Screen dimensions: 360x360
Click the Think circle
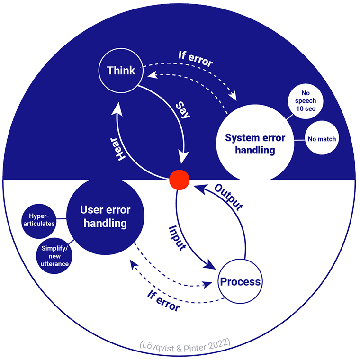121,71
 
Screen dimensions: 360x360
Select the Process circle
240,282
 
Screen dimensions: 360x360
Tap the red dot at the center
180,180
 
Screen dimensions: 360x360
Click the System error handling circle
255,144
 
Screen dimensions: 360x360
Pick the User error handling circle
105,216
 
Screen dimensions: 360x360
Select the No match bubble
322,139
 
